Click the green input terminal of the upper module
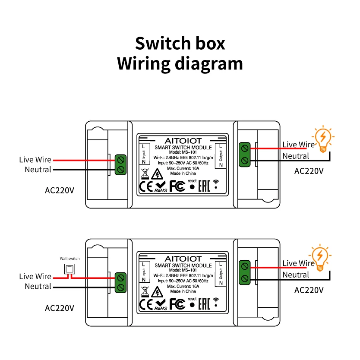pos(120,164)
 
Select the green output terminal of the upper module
pos(245,154)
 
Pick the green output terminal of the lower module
pos(245,272)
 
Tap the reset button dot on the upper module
pos(192,187)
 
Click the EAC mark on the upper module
pos(204,186)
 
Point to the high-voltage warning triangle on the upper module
pos(158,174)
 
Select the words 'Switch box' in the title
pos(180,44)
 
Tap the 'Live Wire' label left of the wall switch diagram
pos(35,277)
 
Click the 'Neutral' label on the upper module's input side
pos(38,170)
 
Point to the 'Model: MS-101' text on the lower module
pos(183,270)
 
